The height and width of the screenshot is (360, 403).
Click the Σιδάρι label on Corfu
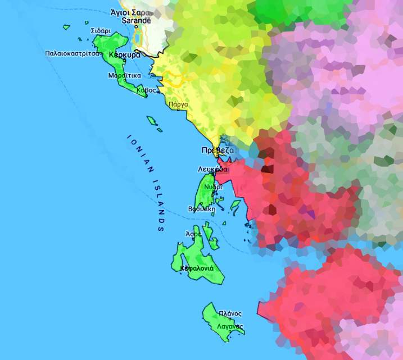(x=100, y=31)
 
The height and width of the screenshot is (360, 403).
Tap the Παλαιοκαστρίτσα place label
(x=73, y=53)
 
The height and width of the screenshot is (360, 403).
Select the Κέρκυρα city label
(x=125, y=56)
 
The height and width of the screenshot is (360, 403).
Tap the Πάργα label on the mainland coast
(x=178, y=104)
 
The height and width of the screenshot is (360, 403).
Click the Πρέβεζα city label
(x=217, y=151)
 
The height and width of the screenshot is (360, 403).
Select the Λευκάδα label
(x=213, y=169)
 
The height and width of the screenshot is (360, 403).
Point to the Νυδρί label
(x=212, y=186)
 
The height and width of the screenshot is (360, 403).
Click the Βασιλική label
(x=201, y=209)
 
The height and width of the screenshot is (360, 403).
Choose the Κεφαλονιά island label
(x=196, y=268)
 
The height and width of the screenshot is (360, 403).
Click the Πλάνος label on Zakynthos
(x=230, y=313)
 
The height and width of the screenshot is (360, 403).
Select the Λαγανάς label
(x=229, y=326)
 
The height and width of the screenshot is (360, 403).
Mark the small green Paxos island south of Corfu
(x=151, y=120)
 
